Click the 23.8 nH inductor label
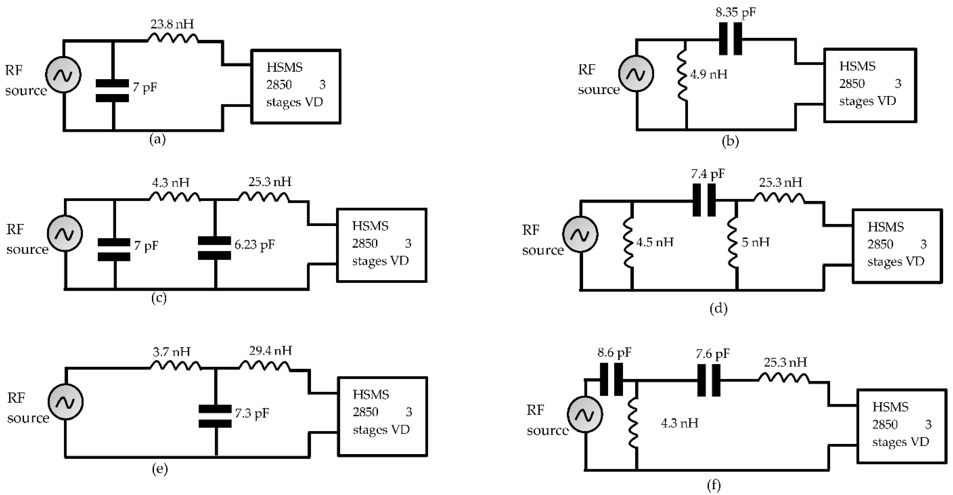(x=172, y=24)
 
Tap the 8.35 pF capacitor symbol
(x=730, y=39)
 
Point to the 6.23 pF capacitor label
(x=255, y=245)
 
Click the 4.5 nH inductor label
(x=655, y=242)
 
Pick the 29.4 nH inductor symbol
(x=264, y=366)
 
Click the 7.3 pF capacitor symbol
(x=215, y=416)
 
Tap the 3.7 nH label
(x=171, y=351)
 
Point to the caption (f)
(x=714, y=485)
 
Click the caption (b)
(x=730, y=141)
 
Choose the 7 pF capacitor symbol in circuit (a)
(x=112, y=91)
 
